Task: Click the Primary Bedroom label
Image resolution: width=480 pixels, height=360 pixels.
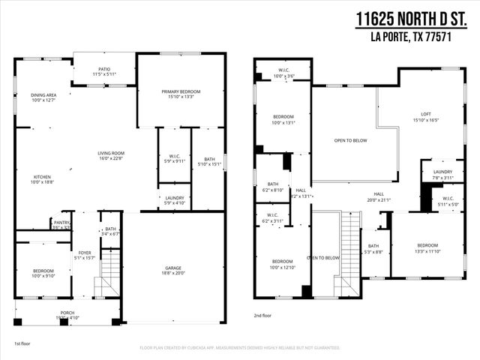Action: [x=181, y=94]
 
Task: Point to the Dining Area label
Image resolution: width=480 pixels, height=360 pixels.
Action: [x=43, y=97]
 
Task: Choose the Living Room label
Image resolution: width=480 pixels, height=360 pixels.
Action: [x=111, y=155]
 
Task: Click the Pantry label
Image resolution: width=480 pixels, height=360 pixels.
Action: [x=61, y=224]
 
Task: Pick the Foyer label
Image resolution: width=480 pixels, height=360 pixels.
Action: [x=85, y=255]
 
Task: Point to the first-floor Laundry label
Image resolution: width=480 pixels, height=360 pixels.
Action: [x=174, y=200]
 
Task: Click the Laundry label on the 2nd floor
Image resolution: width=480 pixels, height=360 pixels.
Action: [x=442, y=174]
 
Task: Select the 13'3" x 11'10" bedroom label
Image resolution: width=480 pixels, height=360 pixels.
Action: [x=427, y=247]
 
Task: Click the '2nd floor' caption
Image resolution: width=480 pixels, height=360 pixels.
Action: [x=264, y=316]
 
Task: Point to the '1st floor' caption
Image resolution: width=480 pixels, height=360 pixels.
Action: [x=22, y=343]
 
